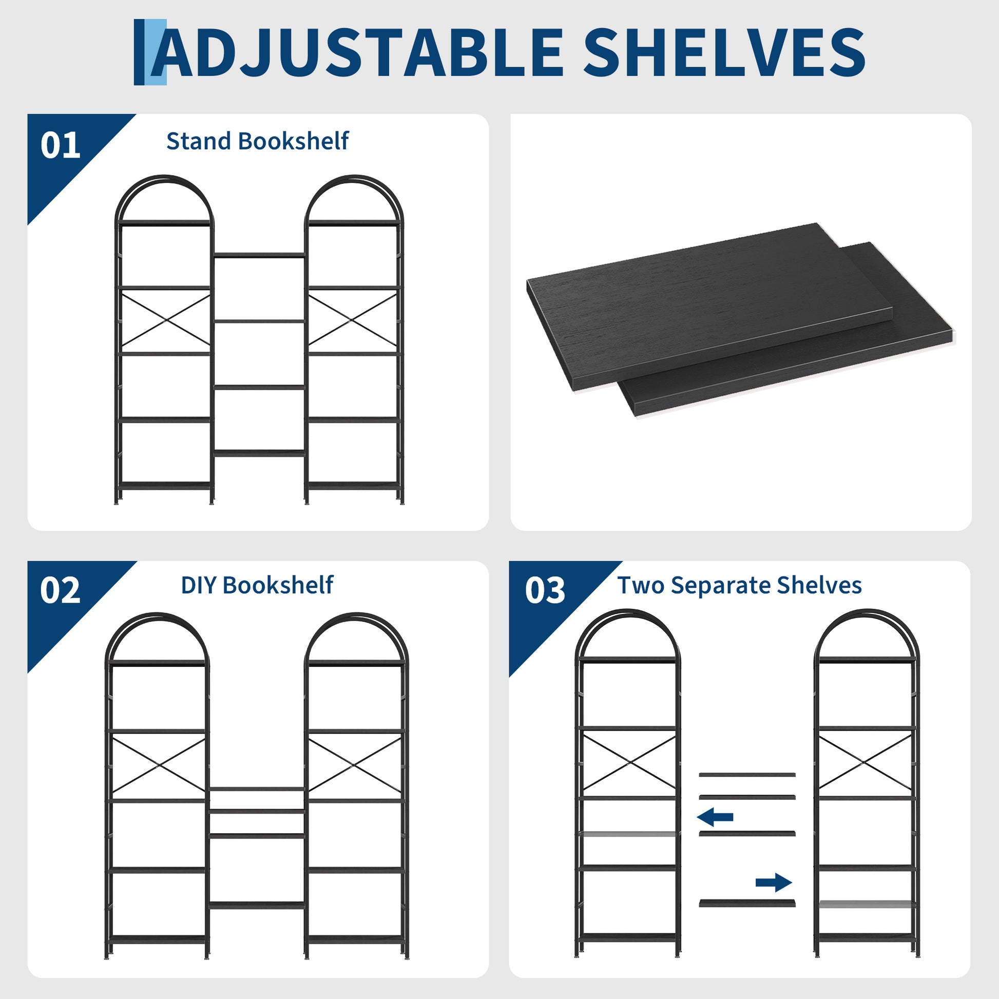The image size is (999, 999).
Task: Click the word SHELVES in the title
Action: (x=724, y=53)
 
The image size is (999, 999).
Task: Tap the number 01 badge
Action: (x=61, y=145)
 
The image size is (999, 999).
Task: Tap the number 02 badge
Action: (x=60, y=590)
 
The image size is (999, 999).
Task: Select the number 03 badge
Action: (x=545, y=590)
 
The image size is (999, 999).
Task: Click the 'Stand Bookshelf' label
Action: (x=258, y=141)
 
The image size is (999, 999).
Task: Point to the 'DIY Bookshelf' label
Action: (x=257, y=585)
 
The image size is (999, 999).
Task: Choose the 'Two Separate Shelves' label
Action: (x=739, y=585)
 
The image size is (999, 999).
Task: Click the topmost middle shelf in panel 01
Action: (x=259, y=255)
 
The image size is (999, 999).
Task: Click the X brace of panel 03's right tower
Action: (x=867, y=762)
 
